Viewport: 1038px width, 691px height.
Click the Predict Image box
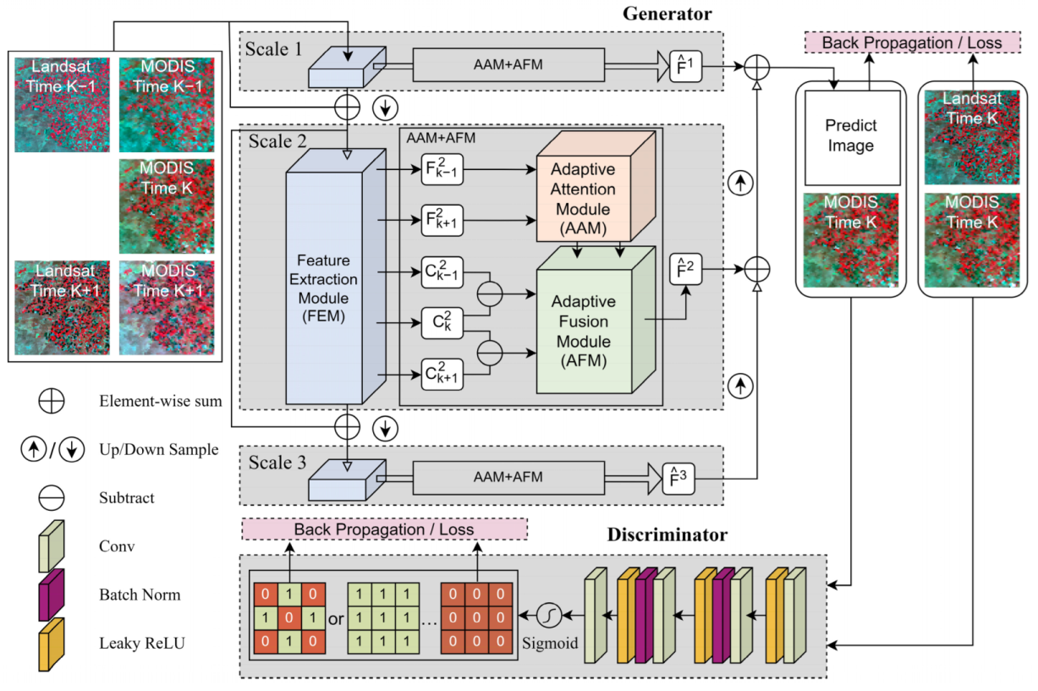click(x=851, y=135)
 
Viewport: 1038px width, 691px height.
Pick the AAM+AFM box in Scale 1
click(x=508, y=64)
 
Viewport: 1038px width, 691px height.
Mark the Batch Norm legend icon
click(x=52, y=595)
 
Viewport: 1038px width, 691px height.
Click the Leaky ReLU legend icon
click(x=52, y=645)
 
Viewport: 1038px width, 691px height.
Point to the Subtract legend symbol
click(x=52, y=497)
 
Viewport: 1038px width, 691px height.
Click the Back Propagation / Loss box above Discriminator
click(x=384, y=529)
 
